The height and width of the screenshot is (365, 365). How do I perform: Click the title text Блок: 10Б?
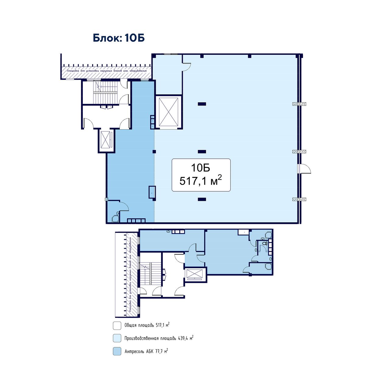pos(119,38)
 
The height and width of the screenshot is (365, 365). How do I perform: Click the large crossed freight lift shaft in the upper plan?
pos(169,112)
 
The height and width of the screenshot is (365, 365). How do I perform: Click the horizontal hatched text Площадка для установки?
pos(106,71)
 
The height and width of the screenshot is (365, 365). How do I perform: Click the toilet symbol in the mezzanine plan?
pos(264,243)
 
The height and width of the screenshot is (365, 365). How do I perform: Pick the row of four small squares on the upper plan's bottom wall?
pos(136,221)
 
